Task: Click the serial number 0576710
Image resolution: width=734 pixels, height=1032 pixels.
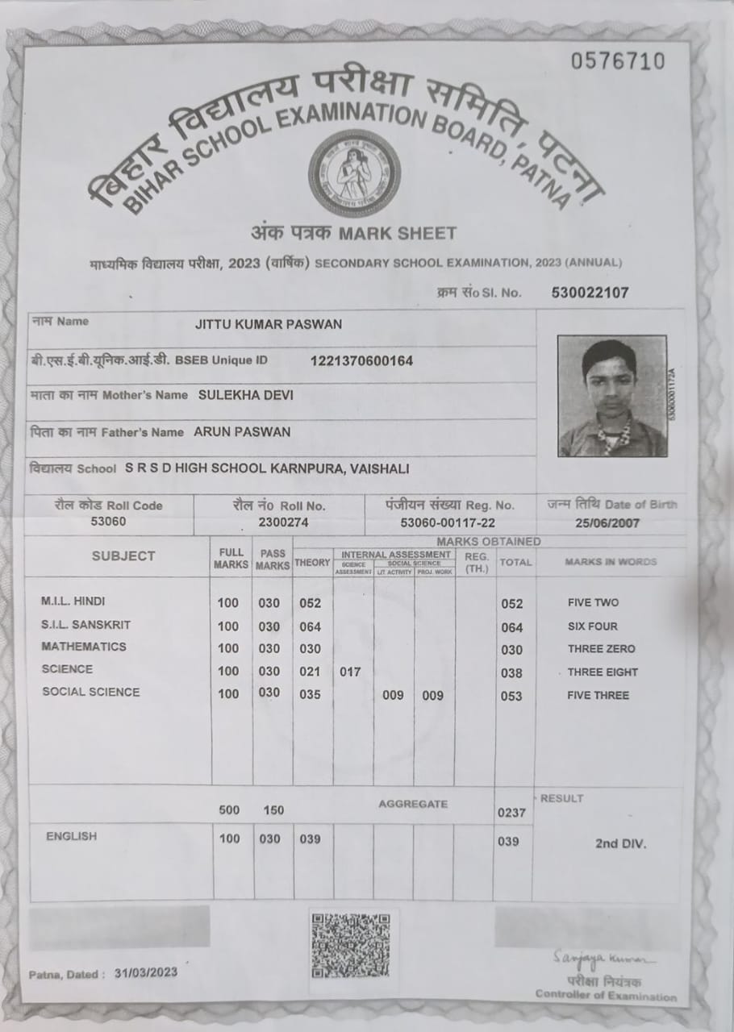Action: [618, 61]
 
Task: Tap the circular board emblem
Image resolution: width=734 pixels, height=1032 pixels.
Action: [354, 173]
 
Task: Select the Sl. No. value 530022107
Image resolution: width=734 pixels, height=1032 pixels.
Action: [590, 293]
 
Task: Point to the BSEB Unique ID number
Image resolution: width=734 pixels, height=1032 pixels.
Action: [361, 360]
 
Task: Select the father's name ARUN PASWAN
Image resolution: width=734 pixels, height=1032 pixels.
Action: [242, 431]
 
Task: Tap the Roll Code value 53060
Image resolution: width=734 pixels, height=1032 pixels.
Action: [109, 522]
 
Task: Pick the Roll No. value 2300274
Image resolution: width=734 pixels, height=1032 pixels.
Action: [280, 522]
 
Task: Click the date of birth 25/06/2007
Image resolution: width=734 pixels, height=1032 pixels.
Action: [607, 523]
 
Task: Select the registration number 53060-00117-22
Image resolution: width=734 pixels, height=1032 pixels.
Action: [448, 522]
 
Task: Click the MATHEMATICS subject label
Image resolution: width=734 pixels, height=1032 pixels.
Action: [84, 647]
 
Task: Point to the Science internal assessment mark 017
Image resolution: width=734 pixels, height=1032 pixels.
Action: [350, 672]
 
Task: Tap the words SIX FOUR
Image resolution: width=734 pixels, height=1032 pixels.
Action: [594, 626]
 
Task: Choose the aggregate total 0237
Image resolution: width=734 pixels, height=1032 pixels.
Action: [511, 814]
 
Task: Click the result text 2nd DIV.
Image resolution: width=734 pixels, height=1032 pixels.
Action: [620, 844]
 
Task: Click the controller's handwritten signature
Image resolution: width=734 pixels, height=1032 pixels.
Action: [604, 958]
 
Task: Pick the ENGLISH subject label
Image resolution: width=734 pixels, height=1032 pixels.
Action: [71, 836]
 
